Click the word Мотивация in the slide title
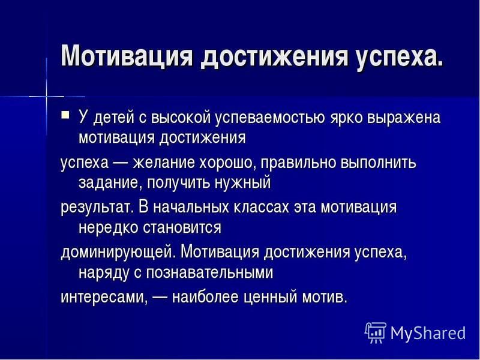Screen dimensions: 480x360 (127, 55)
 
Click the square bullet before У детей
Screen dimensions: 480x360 (65, 115)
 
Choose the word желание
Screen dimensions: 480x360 (163, 163)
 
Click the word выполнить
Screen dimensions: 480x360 (378, 163)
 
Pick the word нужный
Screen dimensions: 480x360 (243, 184)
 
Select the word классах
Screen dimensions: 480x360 (262, 207)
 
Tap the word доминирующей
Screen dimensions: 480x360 (118, 253)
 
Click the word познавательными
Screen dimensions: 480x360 (209, 272)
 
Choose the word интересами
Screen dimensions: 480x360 (104, 297)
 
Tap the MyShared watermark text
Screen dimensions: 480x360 (428, 333)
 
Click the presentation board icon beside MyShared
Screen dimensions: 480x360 (376, 332)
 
